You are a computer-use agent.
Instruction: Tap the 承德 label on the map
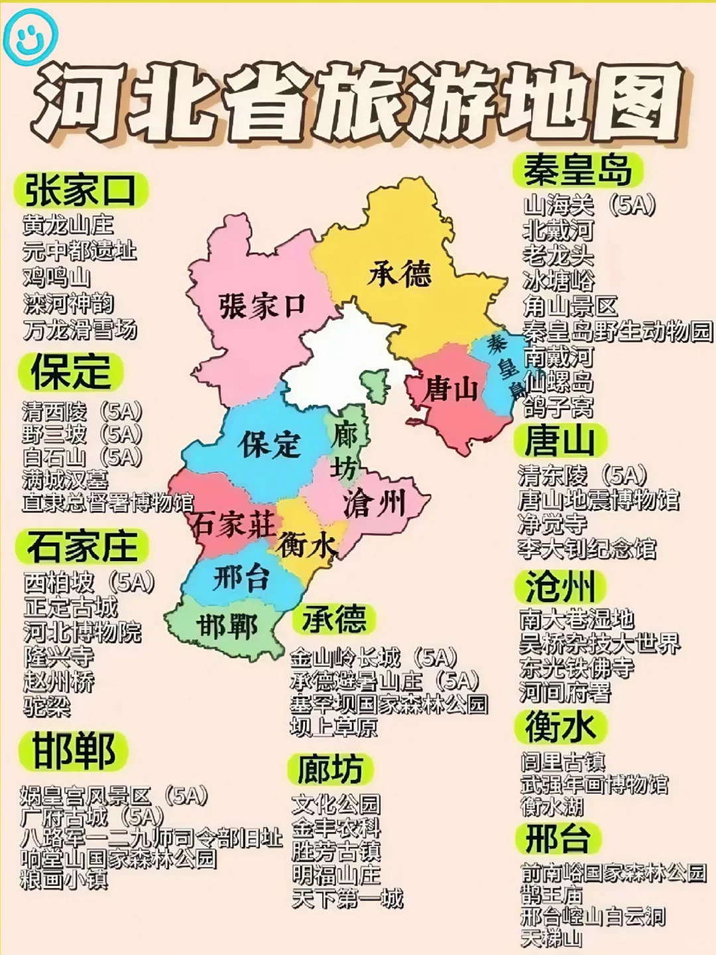tap(400, 273)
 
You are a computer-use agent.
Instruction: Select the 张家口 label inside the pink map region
tap(261, 306)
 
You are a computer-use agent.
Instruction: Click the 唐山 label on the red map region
tap(451, 388)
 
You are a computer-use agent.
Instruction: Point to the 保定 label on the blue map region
tap(270, 444)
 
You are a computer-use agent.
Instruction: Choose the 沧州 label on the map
tap(374, 504)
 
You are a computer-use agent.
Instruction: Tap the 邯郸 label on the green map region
tap(227, 626)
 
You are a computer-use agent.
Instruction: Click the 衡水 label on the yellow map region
tap(307, 545)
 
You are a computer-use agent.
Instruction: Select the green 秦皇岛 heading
tap(577, 170)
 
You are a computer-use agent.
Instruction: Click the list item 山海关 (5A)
tap(589, 205)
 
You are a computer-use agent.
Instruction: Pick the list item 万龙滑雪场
tap(80, 330)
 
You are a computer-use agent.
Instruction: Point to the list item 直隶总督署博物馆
tap(108, 502)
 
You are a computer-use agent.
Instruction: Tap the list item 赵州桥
tap(59, 682)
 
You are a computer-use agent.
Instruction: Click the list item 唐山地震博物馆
tap(599, 499)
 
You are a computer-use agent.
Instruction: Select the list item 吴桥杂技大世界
tap(600, 643)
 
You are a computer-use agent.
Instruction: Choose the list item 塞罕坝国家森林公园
tap(389, 704)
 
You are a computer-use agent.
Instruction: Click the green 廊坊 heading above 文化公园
tap(329, 769)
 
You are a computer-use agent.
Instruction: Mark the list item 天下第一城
tap(347, 899)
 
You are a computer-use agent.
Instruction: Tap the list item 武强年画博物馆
tap(595, 785)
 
